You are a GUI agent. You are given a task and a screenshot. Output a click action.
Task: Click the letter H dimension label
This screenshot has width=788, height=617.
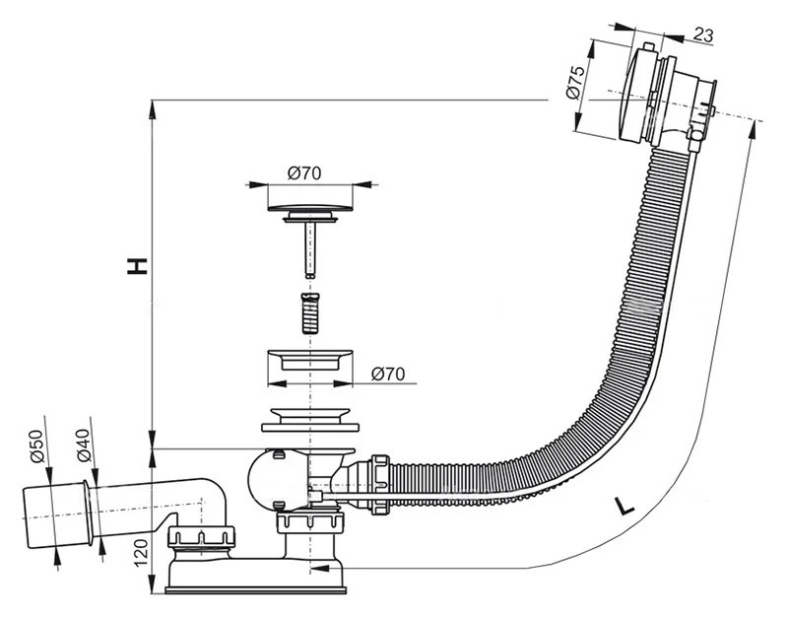coord(137,265)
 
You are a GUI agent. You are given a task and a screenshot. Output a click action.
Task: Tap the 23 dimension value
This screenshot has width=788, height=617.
coord(703,35)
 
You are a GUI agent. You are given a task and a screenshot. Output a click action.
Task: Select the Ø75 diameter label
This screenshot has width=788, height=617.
coord(576,82)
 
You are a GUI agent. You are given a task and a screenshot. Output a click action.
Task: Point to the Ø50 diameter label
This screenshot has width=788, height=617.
coord(37,446)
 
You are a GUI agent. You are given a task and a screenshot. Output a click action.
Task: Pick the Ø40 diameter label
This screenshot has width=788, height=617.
coord(84,446)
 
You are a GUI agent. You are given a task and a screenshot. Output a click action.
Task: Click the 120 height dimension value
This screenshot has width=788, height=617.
coord(142,552)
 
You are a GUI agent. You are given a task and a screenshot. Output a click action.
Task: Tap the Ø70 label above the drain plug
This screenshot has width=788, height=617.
coord(304,173)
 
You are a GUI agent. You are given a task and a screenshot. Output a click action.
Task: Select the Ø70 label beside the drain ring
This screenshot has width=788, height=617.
coord(388,375)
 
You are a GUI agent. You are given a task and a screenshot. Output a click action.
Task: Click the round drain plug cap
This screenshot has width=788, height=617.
coord(310,207)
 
